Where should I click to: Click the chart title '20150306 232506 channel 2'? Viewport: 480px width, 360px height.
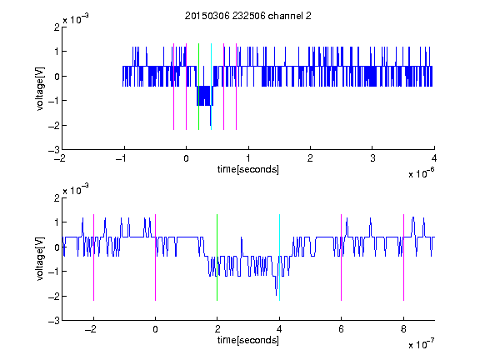pos(248,16)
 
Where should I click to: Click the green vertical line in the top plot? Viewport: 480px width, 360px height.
pos(198,87)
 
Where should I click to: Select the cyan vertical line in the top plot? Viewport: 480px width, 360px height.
pos(211,87)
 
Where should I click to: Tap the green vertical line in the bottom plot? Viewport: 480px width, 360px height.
pos(217,257)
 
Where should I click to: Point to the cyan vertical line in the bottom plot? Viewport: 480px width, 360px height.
pos(279,257)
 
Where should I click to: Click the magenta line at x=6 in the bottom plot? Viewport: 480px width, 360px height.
pos(342,257)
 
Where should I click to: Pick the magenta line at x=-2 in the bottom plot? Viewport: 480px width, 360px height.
pos(93,257)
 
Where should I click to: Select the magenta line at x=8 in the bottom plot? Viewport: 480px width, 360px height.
pos(404,257)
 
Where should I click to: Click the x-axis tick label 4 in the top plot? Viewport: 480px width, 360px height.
pos(434,158)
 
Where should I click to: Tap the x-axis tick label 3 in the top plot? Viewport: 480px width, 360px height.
pos(372,158)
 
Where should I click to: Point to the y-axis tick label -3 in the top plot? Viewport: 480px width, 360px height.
pos(54,150)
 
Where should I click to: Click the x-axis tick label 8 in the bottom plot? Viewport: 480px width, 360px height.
pos(403,329)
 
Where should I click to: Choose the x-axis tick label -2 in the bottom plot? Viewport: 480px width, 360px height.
pos(90,329)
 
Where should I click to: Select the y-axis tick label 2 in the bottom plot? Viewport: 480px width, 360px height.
pos(57,198)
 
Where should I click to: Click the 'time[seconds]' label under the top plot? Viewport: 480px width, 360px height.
pos(248,169)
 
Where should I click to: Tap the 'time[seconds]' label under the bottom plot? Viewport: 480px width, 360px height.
pos(248,340)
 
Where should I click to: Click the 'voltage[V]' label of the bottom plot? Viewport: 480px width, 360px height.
pos(40,259)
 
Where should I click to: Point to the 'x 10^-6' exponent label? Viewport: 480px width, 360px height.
pos(421,173)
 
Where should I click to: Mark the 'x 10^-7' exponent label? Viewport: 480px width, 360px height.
pos(421,344)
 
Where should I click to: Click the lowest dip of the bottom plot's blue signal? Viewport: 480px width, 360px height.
pos(276,295)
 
